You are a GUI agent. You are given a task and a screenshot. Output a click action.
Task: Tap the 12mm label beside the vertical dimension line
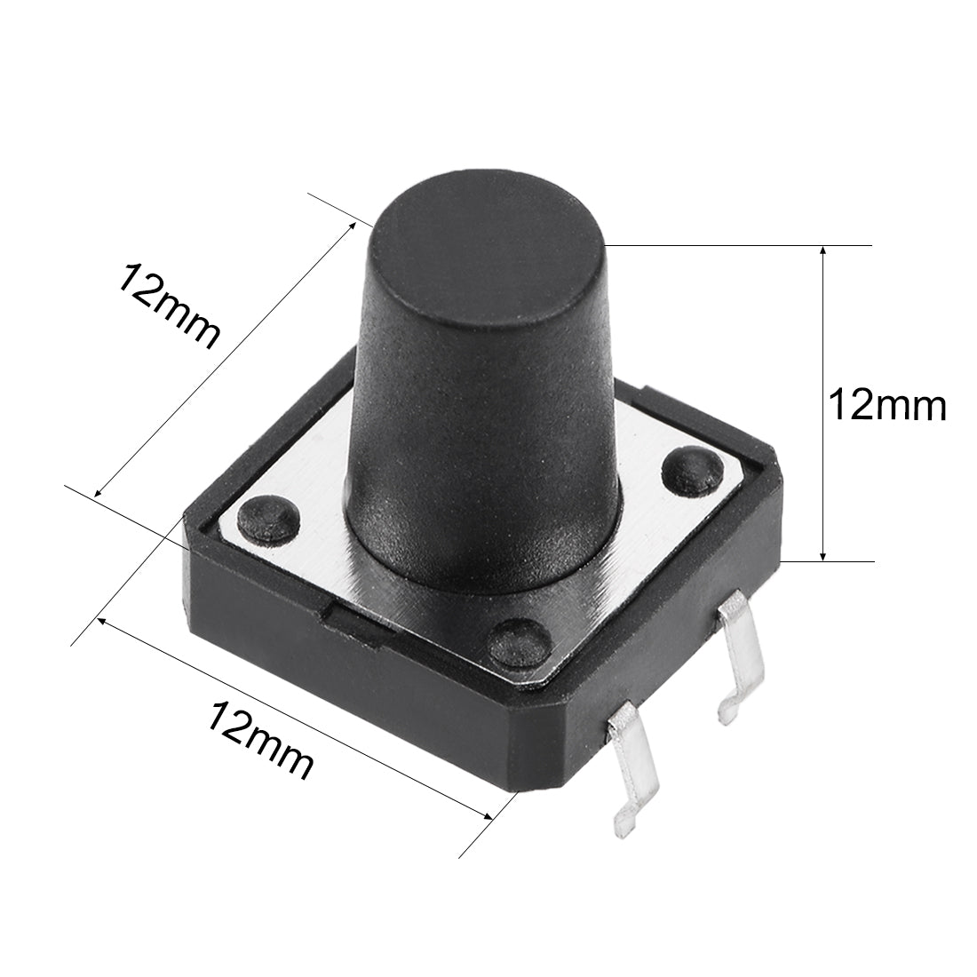coord(886,406)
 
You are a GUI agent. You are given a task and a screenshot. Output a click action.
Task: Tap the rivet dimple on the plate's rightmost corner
coord(689,468)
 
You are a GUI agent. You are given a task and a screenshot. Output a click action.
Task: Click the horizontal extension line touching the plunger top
coord(737,244)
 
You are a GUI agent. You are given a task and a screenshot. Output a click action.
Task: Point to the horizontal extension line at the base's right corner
coord(830,561)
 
